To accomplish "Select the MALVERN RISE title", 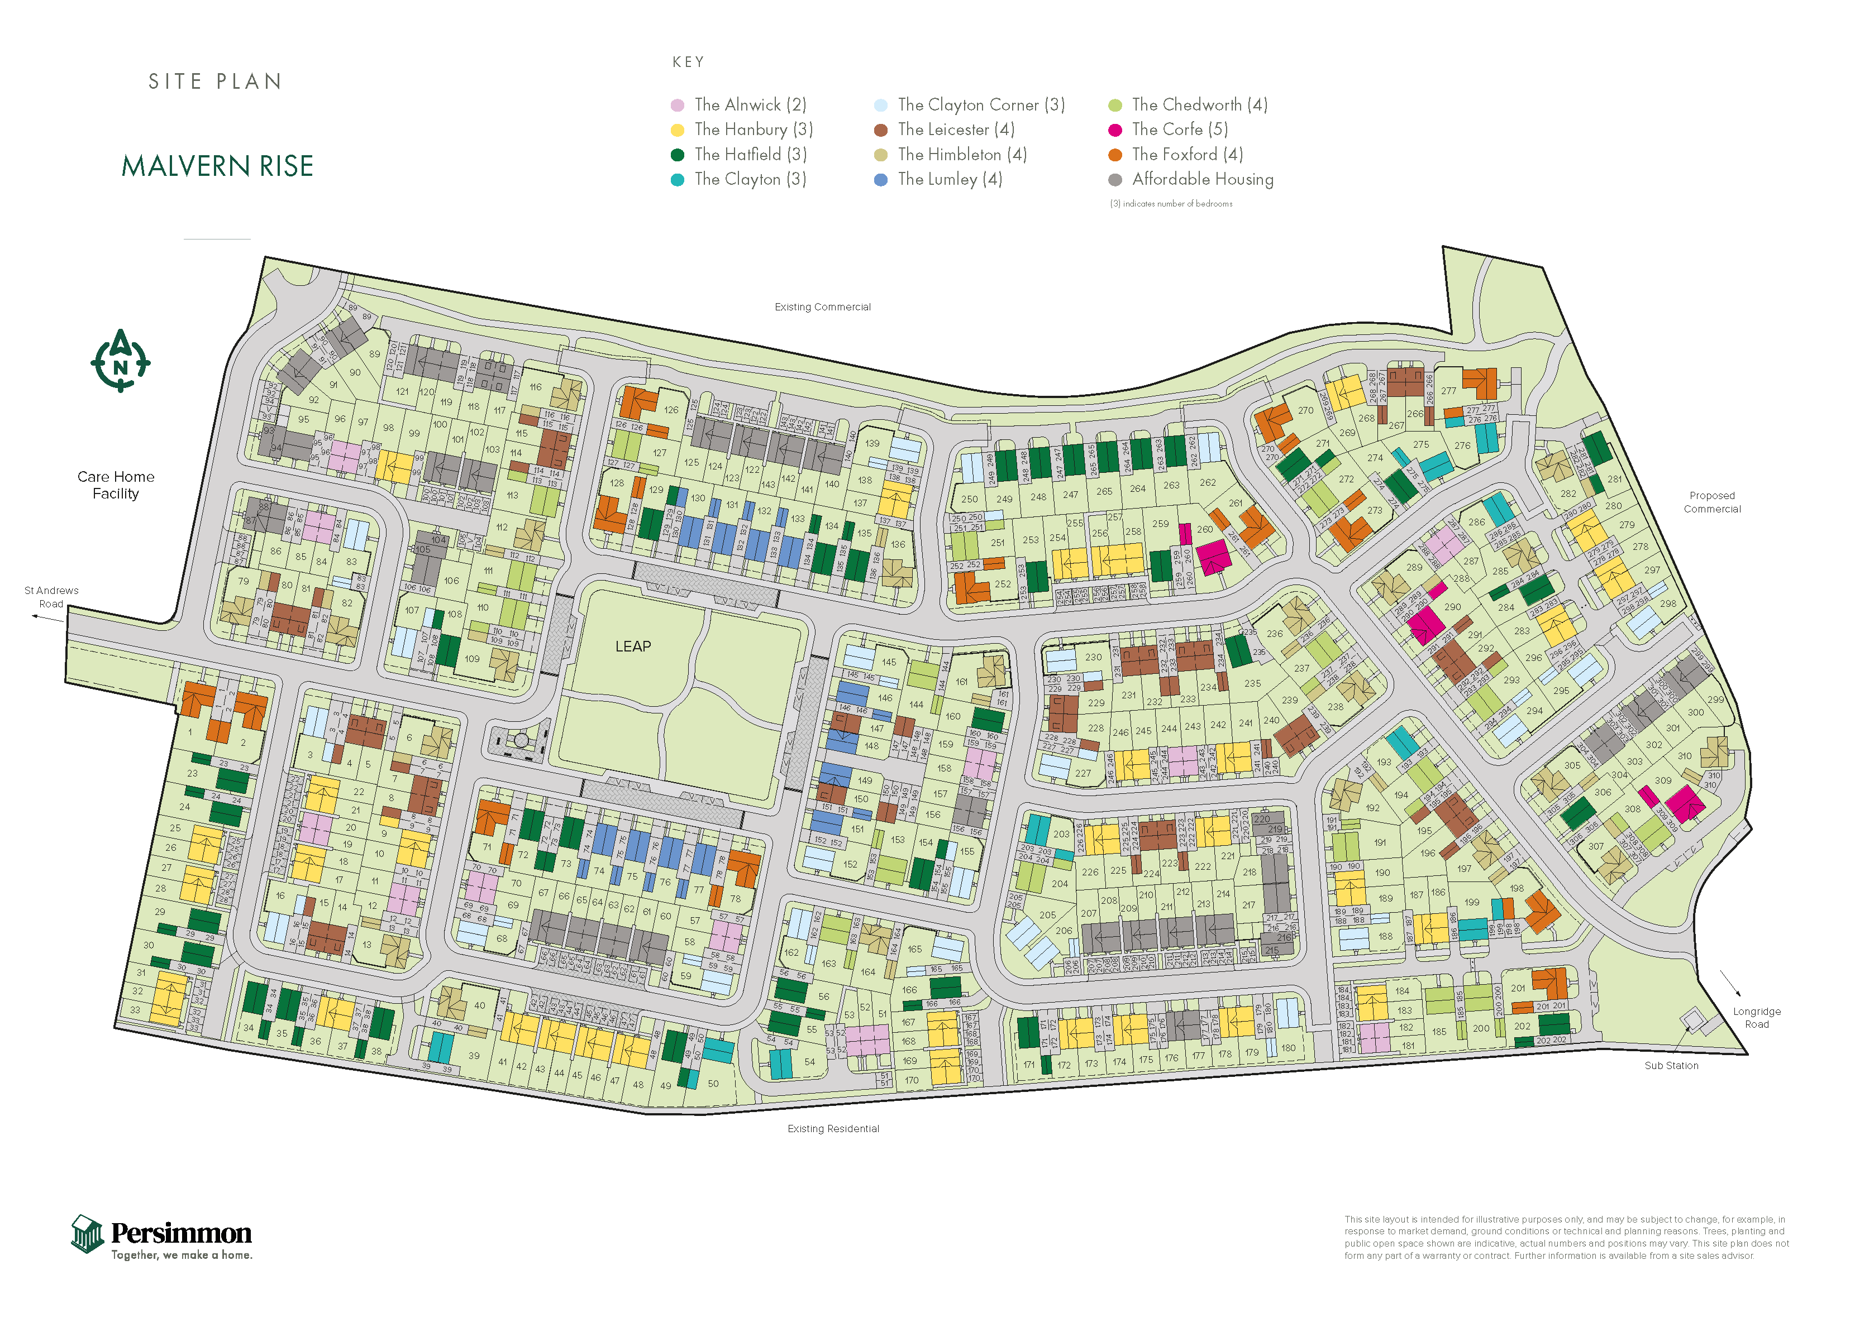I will (x=217, y=166).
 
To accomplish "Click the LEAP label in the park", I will (x=633, y=646).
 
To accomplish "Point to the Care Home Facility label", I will (x=116, y=485).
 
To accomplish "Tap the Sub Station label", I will (x=1671, y=1066).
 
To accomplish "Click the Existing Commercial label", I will (x=822, y=306).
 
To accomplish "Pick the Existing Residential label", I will (x=833, y=1129).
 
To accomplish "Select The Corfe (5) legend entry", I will (x=1179, y=130).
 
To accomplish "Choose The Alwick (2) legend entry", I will (x=750, y=105).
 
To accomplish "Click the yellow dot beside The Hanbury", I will (x=677, y=130).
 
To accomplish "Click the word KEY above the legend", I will (x=688, y=63).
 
